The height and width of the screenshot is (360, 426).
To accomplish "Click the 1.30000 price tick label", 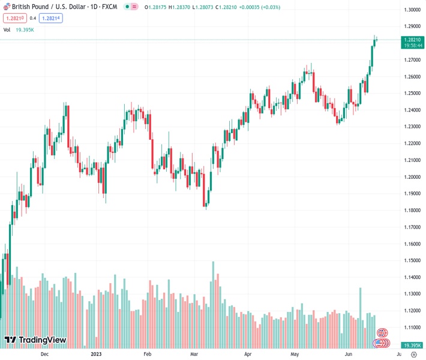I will (412, 10).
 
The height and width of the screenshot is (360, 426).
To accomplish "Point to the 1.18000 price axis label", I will (412, 211).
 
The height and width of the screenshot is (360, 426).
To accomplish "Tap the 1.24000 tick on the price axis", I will (412, 110).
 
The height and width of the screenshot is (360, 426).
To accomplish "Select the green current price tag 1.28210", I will (412, 40).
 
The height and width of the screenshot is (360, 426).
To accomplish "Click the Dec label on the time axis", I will (44, 355).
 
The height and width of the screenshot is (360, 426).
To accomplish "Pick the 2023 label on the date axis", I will (96, 355).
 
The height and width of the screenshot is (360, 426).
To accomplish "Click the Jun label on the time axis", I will (349, 355).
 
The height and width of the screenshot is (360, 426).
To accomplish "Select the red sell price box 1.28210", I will (14, 18).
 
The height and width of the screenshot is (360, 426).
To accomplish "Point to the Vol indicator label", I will (7, 29).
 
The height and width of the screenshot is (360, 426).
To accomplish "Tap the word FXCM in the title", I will (109, 7).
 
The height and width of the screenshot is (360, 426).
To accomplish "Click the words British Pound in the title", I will (29, 7).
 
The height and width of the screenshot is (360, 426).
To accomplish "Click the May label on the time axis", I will (295, 355).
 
